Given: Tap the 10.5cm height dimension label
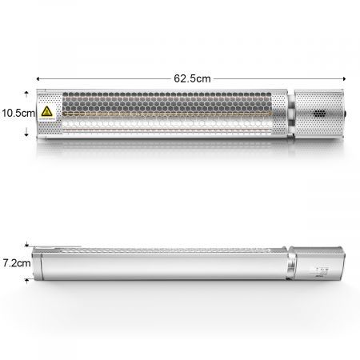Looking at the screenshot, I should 16,113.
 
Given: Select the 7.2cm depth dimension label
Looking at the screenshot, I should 16,262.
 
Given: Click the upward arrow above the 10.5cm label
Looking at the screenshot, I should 26,94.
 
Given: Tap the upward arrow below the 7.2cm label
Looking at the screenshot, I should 27,279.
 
